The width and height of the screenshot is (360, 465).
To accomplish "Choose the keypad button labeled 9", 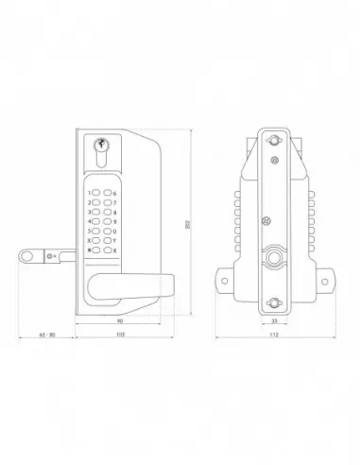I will coord(107,221).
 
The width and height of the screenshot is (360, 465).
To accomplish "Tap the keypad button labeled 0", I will coord(107,231).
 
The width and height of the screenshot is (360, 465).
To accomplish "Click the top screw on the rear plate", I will coord(274,140).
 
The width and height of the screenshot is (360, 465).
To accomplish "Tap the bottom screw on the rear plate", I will coord(274,301).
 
